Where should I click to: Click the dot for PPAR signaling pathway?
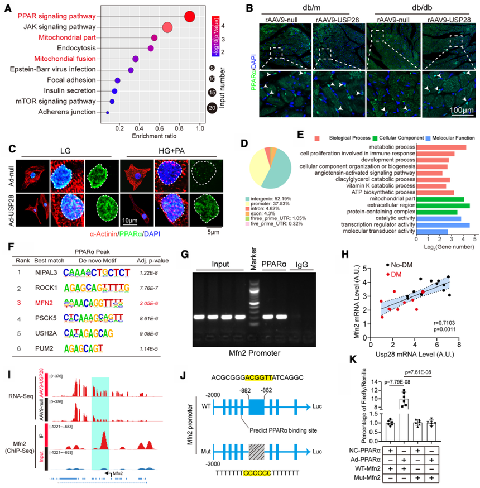[190, 17]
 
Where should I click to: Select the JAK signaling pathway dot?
[167, 28]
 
